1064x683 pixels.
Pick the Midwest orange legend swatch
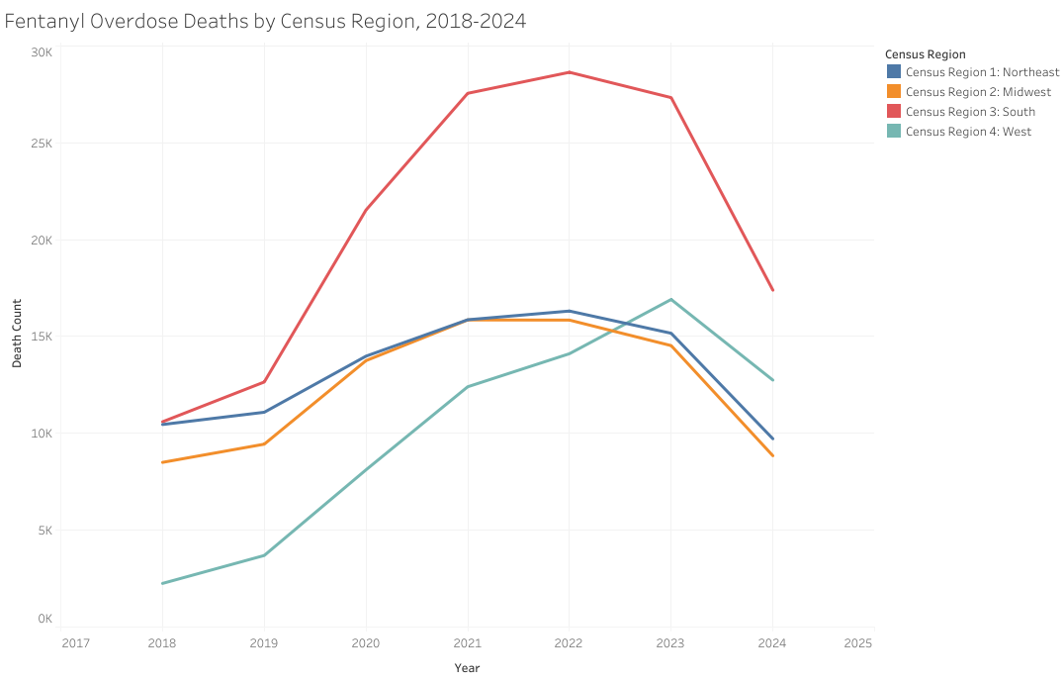point(894,92)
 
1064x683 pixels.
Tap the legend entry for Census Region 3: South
point(969,112)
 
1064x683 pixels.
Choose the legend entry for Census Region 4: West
point(967,132)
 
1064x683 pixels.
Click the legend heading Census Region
point(925,54)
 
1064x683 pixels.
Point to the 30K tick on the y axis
point(41,51)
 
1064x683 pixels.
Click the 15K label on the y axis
point(41,337)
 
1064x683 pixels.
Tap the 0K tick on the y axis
point(44,619)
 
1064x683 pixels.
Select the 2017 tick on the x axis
point(75,643)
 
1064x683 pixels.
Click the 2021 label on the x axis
point(467,643)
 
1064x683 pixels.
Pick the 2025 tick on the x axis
point(858,643)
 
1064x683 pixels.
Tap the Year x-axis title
point(467,668)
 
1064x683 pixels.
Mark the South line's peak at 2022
point(570,72)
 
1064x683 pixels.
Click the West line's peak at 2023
point(671,299)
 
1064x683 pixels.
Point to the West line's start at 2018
point(162,583)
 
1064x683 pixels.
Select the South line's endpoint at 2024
point(772,290)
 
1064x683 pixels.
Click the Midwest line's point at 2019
point(264,443)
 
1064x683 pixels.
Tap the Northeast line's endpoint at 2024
point(772,439)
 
